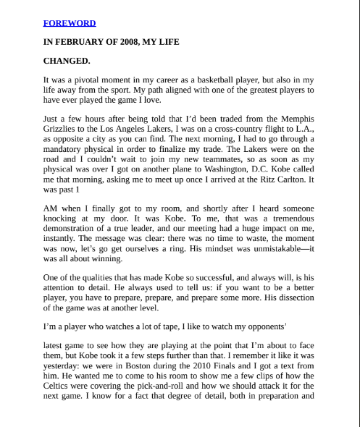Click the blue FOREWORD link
[70, 23]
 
